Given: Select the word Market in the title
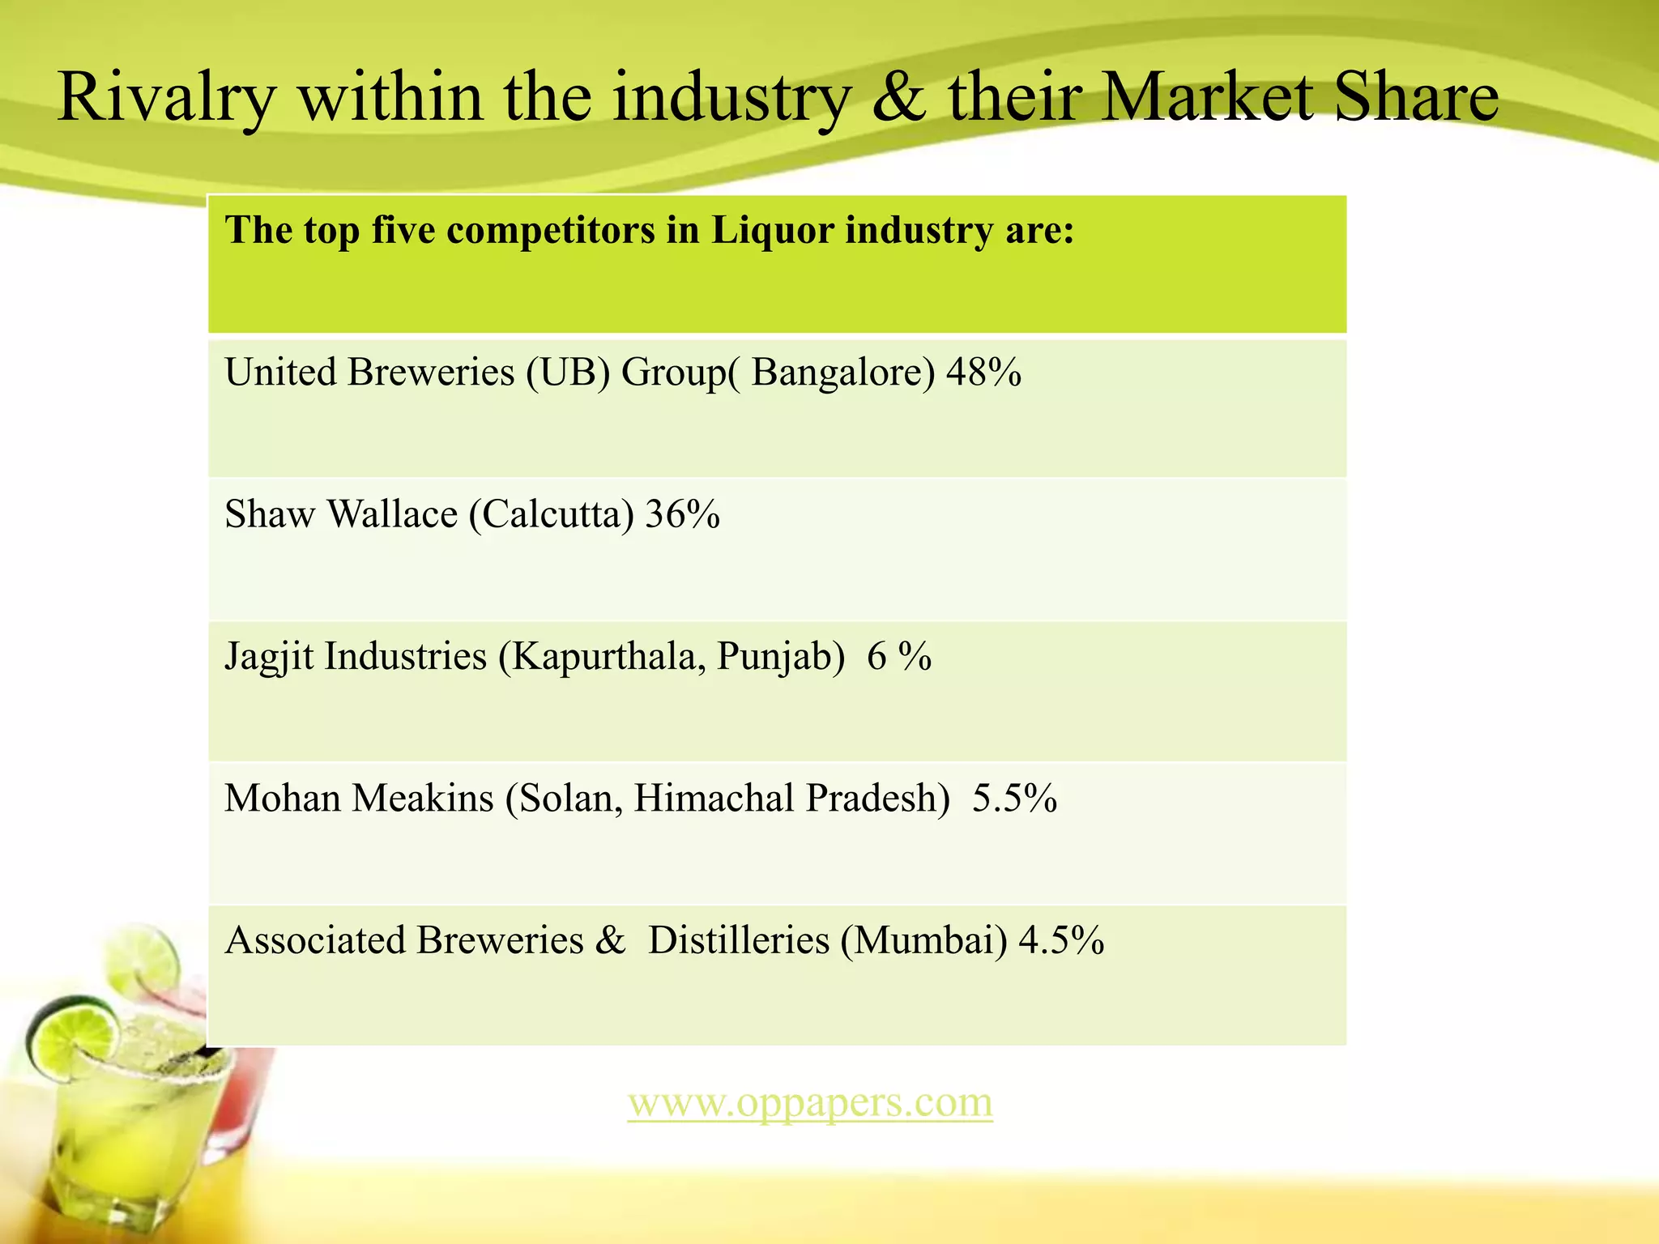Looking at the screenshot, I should tap(1207, 97).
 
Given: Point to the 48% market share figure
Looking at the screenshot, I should tap(983, 373).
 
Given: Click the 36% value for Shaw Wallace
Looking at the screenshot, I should tap(682, 514).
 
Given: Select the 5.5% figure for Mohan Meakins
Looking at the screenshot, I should tap(1014, 799).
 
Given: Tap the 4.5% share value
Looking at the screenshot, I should tap(1061, 940).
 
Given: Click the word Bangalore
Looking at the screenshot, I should tap(842, 373).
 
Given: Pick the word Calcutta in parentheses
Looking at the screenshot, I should tap(552, 514).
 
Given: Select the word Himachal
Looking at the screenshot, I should tap(714, 799).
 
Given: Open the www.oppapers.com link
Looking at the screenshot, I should tap(810, 1102).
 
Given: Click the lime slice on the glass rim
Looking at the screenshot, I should tap(71, 1037).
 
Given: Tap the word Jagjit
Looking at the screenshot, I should tap(269, 657).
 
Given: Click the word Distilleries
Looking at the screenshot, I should tap(739, 940).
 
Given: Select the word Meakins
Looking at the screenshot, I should tap(423, 799).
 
